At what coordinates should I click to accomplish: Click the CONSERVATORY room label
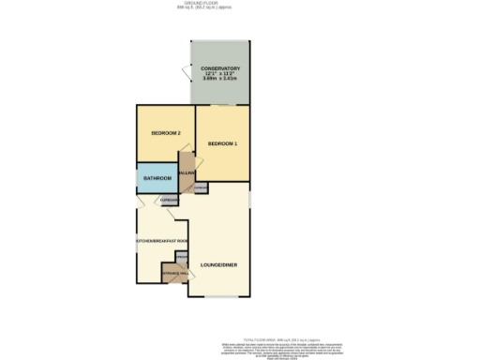click(220, 69)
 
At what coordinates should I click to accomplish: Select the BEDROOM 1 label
click(222, 143)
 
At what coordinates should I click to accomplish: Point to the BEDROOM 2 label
click(165, 133)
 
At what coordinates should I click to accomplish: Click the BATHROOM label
click(157, 178)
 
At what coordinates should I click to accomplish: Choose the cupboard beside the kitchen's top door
click(169, 201)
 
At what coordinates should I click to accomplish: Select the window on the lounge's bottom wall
click(219, 297)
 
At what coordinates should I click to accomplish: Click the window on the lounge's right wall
click(250, 199)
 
